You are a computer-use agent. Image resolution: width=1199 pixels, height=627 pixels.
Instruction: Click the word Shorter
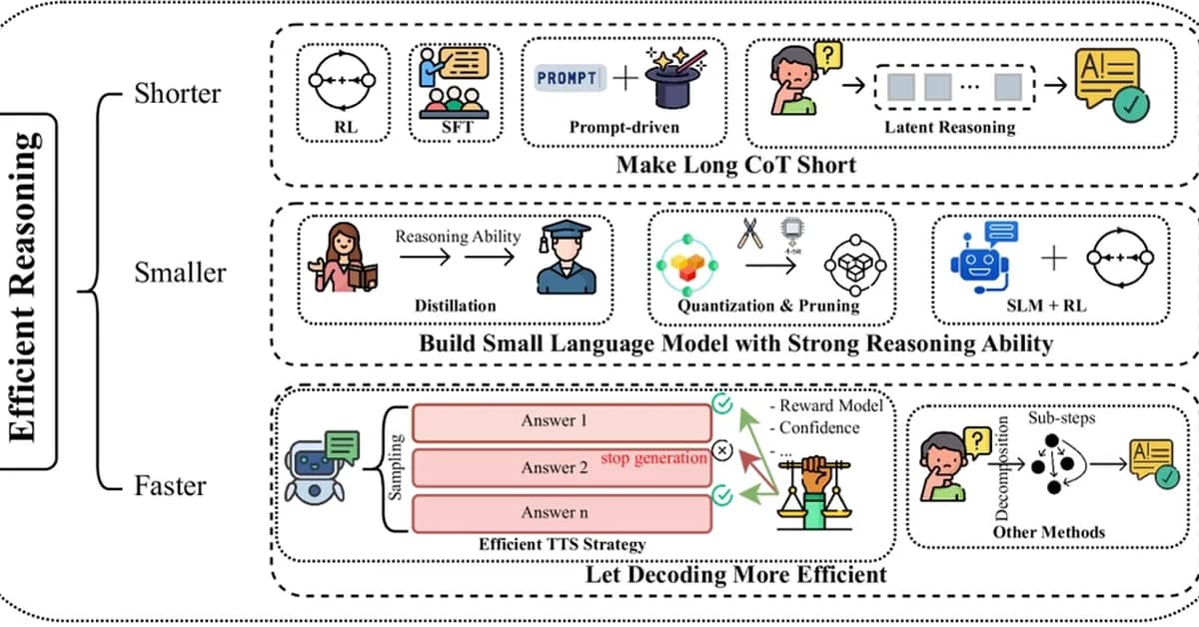tap(178, 94)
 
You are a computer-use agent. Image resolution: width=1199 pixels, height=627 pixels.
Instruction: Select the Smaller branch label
tap(180, 272)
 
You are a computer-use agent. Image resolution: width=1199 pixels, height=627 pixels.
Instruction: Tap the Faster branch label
tap(171, 486)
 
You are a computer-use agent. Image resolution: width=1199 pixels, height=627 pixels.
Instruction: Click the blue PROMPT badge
tap(568, 79)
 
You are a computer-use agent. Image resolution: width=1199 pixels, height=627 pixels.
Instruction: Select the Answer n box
tap(549, 512)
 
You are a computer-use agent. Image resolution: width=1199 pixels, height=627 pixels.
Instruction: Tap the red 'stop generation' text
tap(654, 458)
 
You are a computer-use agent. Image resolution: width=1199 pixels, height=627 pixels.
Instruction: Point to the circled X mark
tap(723, 449)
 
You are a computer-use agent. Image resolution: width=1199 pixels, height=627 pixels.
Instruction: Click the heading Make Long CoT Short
tap(735, 165)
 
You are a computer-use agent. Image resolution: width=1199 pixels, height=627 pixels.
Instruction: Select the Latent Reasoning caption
tap(949, 128)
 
